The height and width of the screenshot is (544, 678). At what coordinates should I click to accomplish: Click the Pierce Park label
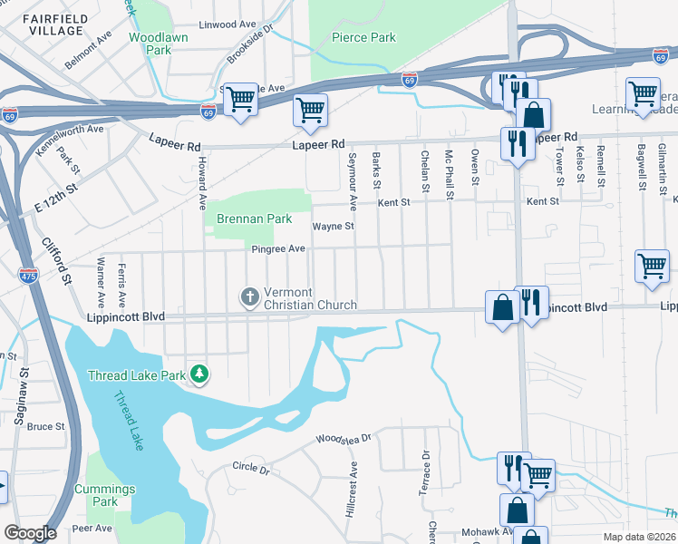coord(363,38)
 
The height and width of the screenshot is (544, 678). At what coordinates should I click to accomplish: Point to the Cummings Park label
coord(105,495)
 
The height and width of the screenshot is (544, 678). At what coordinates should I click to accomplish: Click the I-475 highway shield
coord(28,277)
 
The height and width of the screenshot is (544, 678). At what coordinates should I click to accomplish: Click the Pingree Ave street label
coord(278,248)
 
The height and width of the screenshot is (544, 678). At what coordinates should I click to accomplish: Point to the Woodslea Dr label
coord(344,440)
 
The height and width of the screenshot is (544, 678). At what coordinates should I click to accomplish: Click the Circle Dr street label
coord(251,470)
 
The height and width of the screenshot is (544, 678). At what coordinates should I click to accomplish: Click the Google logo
coord(30,533)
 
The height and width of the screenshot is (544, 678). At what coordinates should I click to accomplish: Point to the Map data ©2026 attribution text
coord(638,537)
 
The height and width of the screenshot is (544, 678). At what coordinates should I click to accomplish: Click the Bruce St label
coord(45,426)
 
